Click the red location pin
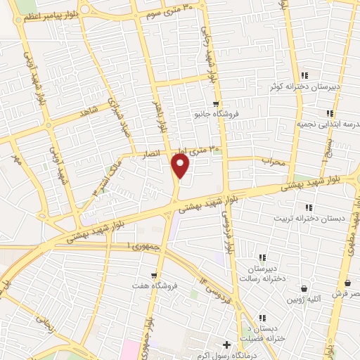(181, 166)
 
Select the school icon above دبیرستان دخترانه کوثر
(304, 75)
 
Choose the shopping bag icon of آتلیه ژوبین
(304, 288)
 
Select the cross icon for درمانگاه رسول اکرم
(226, 345)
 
